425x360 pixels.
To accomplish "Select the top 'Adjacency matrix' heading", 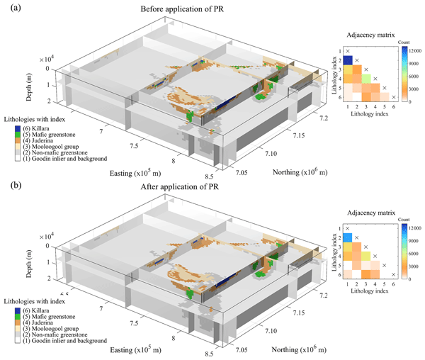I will coord(370,34).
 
